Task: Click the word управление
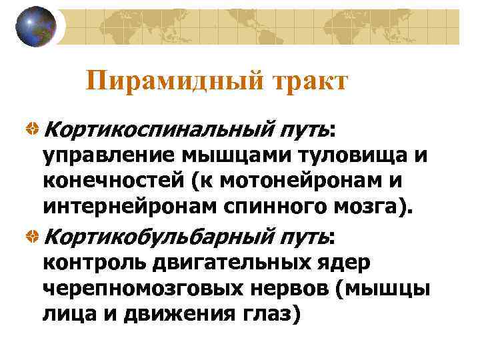(x=110, y=155)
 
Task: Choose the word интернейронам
(x=127, y=207)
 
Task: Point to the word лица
(x=68, y=315)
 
